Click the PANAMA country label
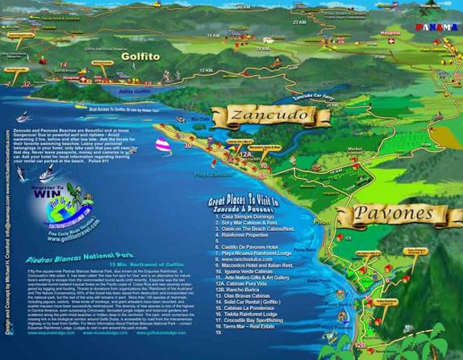[436, 27]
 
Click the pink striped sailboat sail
[161, 145]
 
